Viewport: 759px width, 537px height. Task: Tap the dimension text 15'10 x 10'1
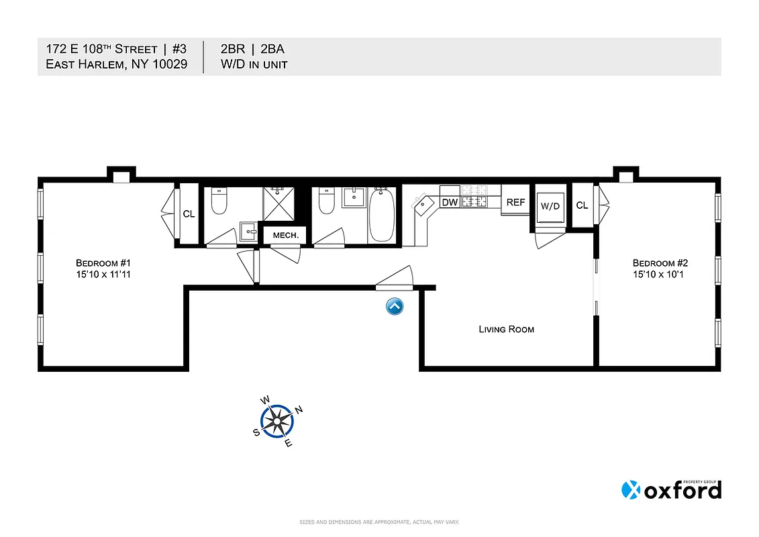click(660, 274)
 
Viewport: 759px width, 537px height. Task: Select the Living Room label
click(506, 329)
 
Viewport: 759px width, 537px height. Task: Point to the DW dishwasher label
click(449, 202)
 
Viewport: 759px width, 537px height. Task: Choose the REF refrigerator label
click(515, 202)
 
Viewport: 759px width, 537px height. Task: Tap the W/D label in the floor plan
click(550, 207)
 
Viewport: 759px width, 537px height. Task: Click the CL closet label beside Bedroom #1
click(189, 214)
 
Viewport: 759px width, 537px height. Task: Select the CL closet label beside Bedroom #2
click(582, 205)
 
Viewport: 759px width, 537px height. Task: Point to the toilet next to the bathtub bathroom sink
click(326, 201)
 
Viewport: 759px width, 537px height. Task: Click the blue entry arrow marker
click(395, 307)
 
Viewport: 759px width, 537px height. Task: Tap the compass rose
click(277, 421)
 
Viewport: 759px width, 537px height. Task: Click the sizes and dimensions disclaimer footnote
click(378, 522)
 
